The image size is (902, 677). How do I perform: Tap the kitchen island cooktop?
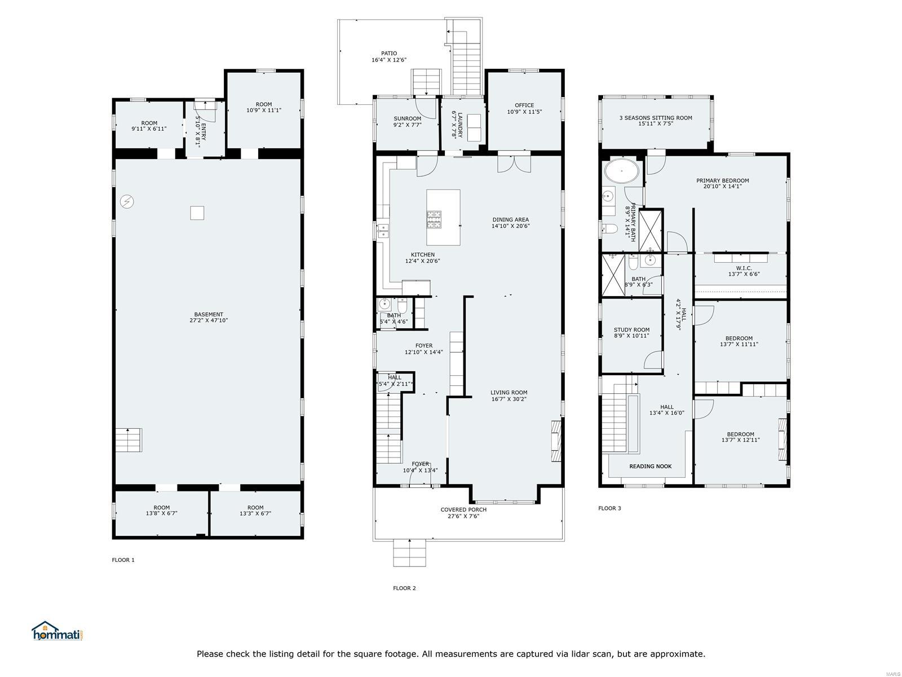(434, 219)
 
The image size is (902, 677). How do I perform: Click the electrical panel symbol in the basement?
(127, 201)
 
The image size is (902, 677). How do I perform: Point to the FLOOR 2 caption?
(404, 588)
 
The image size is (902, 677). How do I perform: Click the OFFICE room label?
(524, 105)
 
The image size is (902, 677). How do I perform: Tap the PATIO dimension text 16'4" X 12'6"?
(388, 60)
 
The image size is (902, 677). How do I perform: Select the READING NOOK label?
(650, 466)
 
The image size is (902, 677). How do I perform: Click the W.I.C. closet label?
(744, 268)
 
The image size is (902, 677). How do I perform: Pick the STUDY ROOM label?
(631, 329)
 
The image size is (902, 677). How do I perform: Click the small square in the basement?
(197, 213)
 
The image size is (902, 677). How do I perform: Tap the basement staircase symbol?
(129, 440)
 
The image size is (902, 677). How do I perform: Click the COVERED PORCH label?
(463, 509)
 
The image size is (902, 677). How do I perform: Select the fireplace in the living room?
(556, 441)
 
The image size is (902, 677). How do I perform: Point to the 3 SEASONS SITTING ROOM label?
(655, 118)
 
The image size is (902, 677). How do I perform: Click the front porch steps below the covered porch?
(409, 552)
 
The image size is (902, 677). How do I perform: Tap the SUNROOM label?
(407, 118)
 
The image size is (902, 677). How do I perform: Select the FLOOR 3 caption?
(609, 508)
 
